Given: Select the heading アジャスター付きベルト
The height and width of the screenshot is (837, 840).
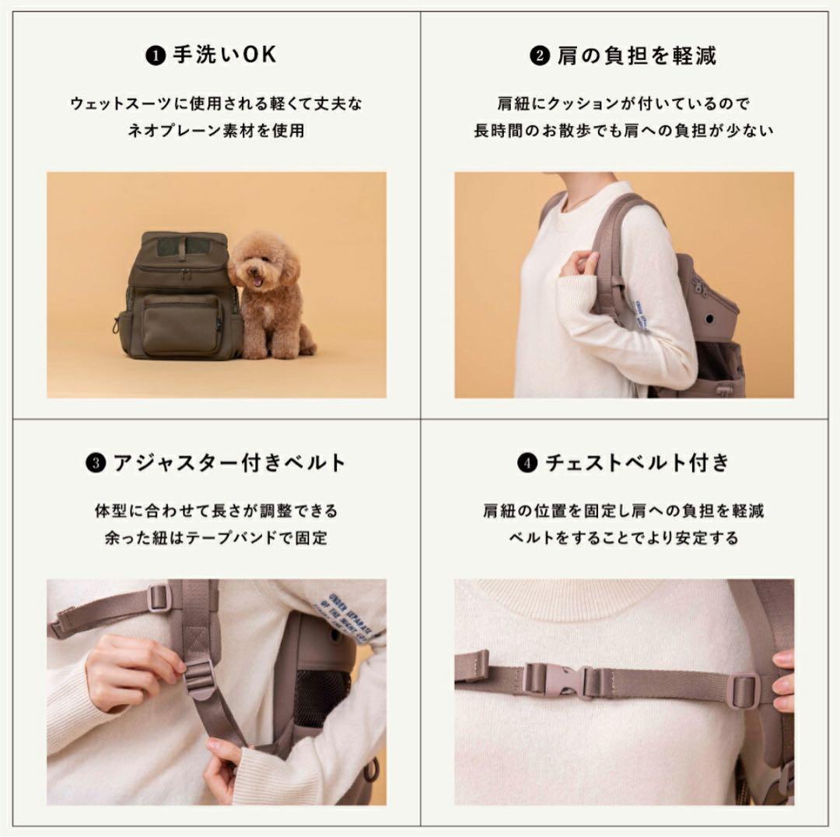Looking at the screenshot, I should pos(229,463).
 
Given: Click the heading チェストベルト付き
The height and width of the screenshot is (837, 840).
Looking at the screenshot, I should pos(637,463).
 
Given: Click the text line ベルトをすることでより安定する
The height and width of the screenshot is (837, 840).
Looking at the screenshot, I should pos(624,538).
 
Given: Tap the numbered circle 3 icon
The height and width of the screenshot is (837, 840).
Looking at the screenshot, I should pos(94,464).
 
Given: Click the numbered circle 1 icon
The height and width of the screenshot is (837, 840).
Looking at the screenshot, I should pos(156,57).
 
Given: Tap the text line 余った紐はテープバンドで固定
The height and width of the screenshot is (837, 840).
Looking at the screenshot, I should pos(216,538).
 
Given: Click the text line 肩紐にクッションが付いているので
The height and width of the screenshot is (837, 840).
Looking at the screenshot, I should pos(624,103).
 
